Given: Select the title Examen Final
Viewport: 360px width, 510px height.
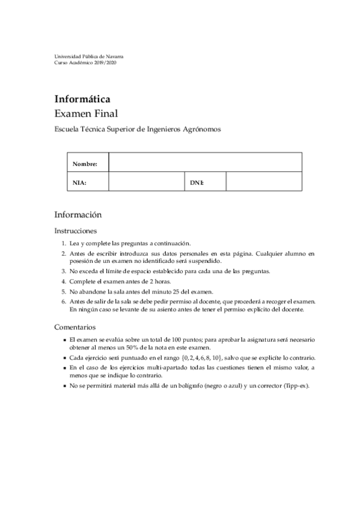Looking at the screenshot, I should coord(86,112).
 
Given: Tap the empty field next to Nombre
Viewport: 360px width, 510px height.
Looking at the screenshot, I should coord(205,162).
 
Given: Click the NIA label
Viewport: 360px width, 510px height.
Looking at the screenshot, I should coord(79,182).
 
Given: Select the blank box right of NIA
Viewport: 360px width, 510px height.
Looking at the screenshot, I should coord(146,182).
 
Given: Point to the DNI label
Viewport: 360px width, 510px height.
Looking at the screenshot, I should coord(197,182).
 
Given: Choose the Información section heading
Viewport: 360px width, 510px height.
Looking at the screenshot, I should coord(78,214).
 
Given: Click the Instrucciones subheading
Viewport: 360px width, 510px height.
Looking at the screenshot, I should coord(76,231).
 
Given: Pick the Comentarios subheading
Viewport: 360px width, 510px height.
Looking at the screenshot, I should coord(75,328).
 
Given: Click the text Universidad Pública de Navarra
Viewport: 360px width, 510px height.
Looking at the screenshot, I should coord(89,57).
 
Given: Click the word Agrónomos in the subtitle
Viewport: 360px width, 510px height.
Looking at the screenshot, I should coord(201,129).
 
